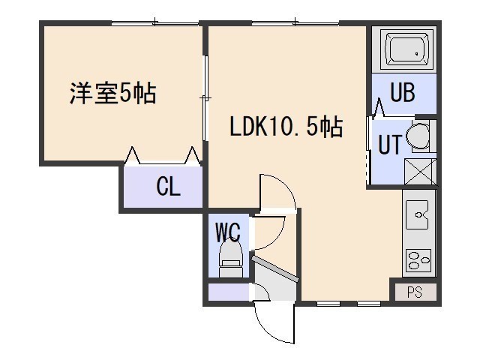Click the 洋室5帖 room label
113,93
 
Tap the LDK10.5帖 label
286,127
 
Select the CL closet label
168,187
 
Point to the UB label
403,92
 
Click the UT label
390,144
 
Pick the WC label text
228,232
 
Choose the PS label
415,292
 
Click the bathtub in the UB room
404,49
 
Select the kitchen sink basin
417,214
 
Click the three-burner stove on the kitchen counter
418,260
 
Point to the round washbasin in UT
418,136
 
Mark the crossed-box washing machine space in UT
420,172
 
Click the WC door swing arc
273,233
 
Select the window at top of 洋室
155,23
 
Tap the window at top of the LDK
295,23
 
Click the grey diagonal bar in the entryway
274,268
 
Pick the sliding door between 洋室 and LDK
206,98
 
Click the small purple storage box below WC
229,292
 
